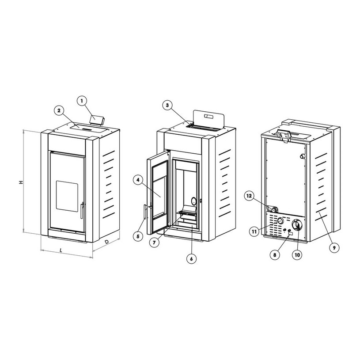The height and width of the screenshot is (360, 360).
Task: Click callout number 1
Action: (x=83, y=101)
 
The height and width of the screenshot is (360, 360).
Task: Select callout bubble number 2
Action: (x=59, y=110)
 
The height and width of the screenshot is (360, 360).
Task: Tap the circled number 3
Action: (x=167, y=105)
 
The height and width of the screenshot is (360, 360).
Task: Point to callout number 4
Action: (x=138, y=180)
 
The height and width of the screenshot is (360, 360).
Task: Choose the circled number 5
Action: (x=138, y=236)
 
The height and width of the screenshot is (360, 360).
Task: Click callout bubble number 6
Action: (x=191, y=259)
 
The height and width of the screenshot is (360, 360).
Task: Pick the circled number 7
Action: (x=154, y=243)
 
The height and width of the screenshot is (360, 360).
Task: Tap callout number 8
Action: (x=275, y=254)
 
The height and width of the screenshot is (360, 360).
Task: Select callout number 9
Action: (x=334, y=248)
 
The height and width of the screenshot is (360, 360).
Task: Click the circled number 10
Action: (x=297, y=254)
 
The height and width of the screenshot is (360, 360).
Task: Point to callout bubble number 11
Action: (x=254, y=231)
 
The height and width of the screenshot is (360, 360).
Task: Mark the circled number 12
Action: (x=249, y=196)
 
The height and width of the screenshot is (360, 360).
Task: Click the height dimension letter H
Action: (x=21, y=182)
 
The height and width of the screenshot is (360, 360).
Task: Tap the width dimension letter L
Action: (x=61, y=250)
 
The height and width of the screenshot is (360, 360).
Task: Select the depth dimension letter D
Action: (x=107, y=242)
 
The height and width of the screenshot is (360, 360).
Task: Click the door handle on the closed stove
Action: (x=83, y=211)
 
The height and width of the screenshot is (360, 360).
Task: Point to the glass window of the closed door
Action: (x=67, y=196)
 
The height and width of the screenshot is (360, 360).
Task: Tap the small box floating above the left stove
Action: (x=97, y=120)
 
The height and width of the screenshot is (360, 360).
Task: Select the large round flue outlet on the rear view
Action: (x=297, y=224)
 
